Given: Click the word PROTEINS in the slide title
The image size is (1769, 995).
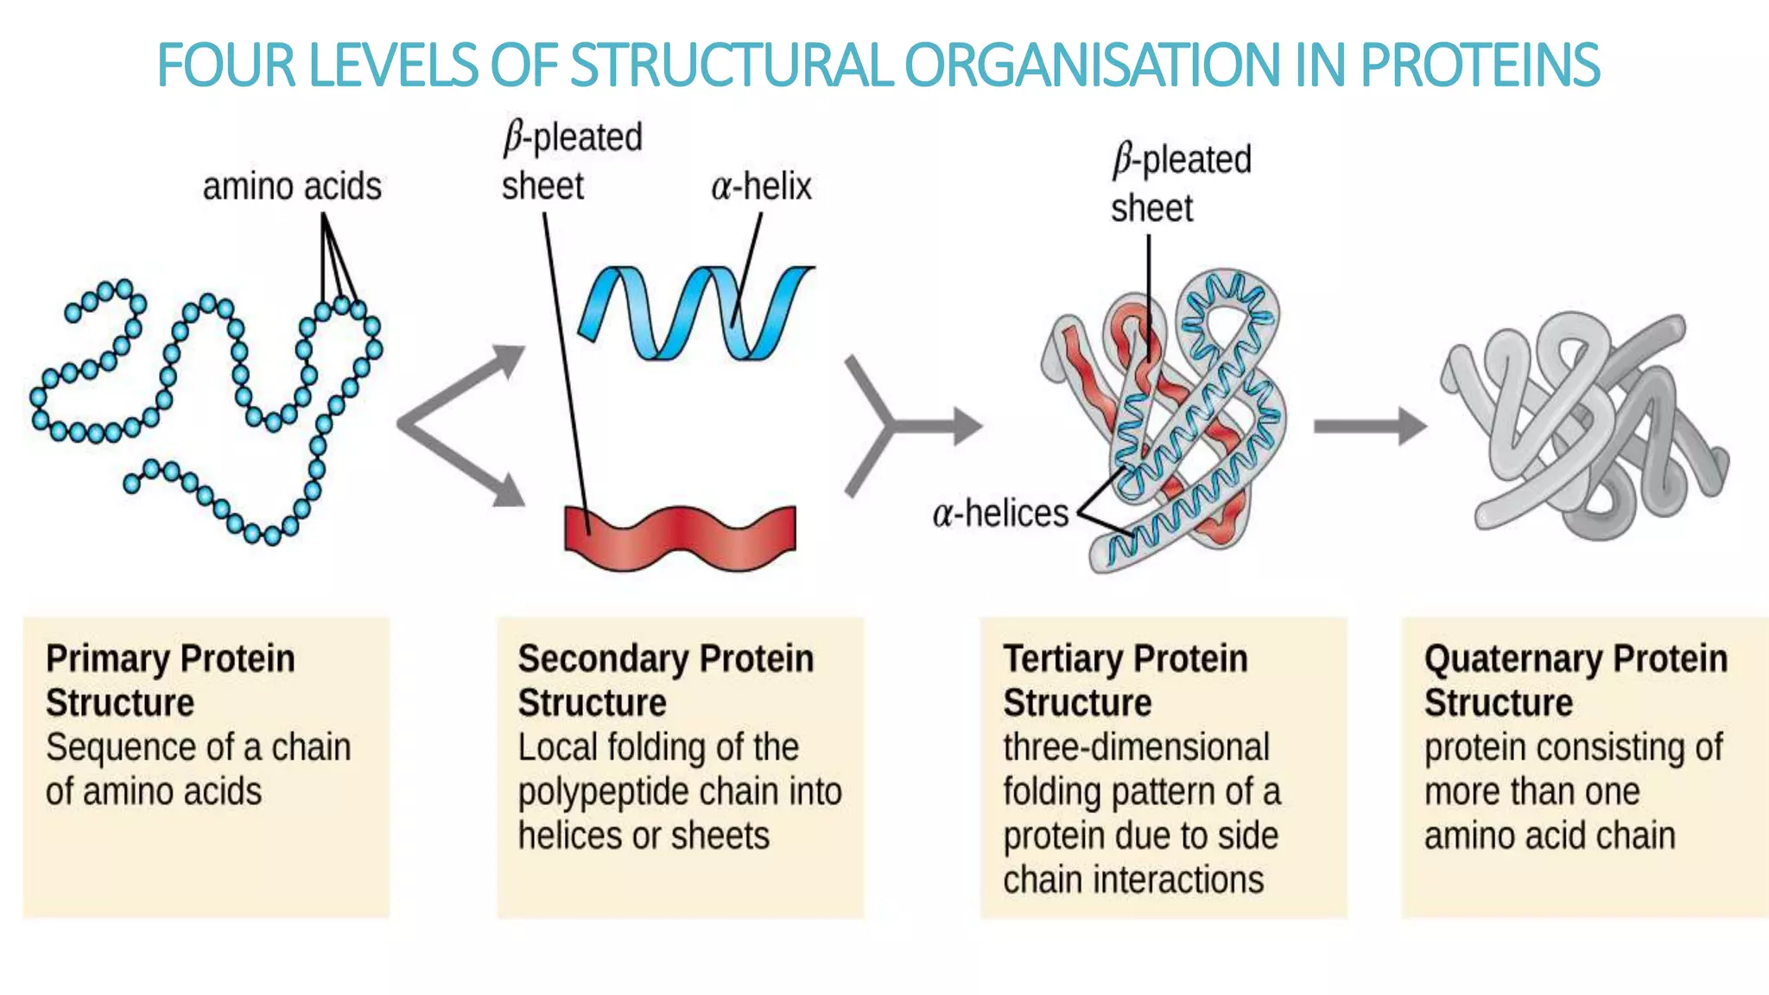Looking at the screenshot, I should (1480, 66).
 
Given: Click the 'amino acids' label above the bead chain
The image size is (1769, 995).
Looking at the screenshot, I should (292, 187).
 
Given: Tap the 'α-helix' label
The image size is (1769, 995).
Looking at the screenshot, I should (761, 187).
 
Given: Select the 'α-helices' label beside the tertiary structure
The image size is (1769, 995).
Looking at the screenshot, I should (1000, 513).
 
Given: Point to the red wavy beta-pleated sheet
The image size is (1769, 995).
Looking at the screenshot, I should (680, 536).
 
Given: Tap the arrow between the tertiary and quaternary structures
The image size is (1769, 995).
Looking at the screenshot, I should (1369, 426).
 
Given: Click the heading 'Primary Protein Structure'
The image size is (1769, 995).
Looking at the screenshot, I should (170, 681).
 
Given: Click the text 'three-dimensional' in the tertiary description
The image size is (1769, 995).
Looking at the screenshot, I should (1136, 747).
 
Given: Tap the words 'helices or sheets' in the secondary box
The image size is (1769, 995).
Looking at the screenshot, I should (644, 836).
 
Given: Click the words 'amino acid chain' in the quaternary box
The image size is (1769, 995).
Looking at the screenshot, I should (1550, 836).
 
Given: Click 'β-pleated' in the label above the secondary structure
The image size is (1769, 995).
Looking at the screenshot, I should (574, 138).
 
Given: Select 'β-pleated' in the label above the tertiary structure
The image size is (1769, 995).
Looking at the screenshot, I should (1182, 161).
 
